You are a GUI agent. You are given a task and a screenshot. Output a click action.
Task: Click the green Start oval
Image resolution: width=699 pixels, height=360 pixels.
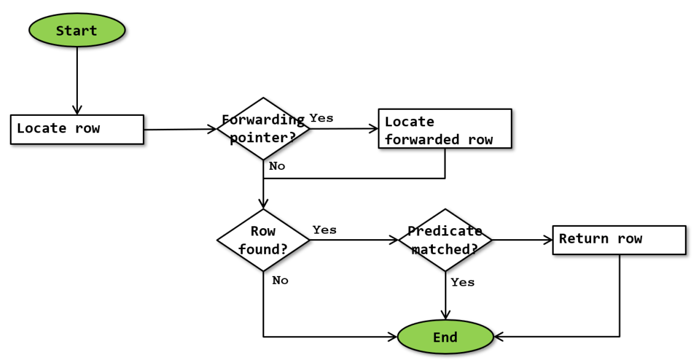point(77,31)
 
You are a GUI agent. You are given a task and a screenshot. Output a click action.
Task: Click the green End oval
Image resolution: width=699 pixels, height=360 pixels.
point(445,337)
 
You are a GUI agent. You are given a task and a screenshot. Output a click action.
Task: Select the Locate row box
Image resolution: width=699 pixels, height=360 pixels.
point(77,129)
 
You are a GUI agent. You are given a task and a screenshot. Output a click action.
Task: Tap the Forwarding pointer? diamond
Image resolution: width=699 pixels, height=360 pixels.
point(263,129)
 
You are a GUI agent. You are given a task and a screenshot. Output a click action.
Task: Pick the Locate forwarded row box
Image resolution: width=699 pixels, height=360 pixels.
point(445,129)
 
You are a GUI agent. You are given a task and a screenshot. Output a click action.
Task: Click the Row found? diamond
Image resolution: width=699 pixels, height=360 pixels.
point(263,240)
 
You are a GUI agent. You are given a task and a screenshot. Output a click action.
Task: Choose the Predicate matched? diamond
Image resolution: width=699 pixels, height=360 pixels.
point(445,240)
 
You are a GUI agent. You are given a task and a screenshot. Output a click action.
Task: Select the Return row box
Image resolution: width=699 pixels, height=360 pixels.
point(619,240)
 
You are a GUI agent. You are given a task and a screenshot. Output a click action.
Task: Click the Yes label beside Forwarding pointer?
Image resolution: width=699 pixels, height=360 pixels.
point(321,118)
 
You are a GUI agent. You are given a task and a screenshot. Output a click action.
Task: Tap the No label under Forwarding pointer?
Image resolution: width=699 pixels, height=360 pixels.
point(277,166)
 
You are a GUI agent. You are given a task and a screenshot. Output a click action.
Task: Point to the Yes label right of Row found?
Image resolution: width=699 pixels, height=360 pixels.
point(324,229)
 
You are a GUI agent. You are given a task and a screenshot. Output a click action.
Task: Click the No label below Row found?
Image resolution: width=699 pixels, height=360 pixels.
point(280,280)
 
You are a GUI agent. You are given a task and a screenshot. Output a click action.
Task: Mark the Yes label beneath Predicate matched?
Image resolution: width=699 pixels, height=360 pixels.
point(462,282)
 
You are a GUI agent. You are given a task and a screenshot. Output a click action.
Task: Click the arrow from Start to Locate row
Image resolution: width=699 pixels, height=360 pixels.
point(77,80)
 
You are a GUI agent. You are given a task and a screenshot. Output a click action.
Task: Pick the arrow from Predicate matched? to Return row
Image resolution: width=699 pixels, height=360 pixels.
point(522,240)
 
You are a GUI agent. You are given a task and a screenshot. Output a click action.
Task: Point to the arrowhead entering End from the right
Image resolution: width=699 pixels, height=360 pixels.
point(498,337)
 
